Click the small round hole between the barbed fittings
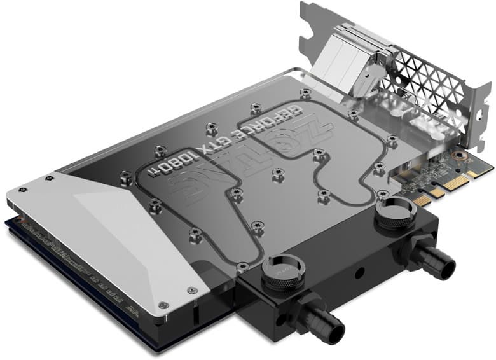(359, 272)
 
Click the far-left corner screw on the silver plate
(24, 189)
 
